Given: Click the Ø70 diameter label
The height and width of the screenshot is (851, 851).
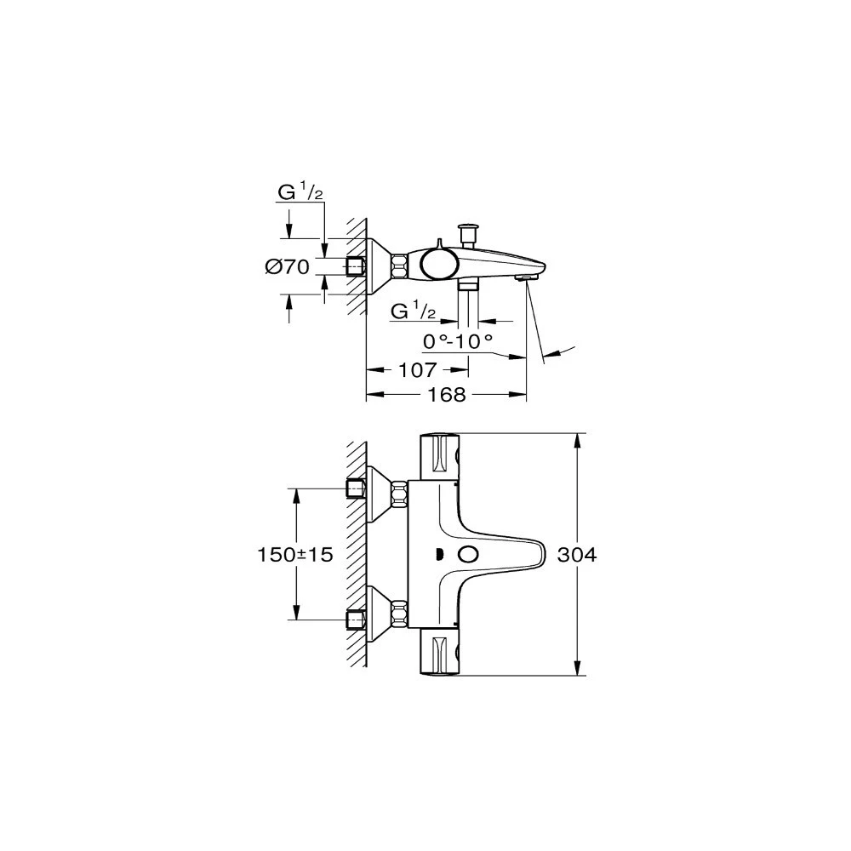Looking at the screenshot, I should coord(286,267).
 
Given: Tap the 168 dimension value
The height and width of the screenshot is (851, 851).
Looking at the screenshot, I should coord(447,395).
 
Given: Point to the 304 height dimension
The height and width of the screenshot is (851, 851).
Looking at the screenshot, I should coord(578,554).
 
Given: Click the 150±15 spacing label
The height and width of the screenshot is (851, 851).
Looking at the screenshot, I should coord(294,554).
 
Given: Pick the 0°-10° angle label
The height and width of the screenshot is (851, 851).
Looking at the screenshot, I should coord(458,340).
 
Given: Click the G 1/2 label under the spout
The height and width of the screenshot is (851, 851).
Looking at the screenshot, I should coord(413,312).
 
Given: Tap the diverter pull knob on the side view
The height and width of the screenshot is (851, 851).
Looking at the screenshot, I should coord(466,231).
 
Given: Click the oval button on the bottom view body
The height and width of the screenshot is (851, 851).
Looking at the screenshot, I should coord(467,555).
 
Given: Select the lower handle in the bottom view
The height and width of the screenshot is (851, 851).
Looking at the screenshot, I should coord(441,653).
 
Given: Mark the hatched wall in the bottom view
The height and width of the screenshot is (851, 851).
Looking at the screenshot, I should coord(357,554).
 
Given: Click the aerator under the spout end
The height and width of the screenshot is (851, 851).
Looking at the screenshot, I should coord(528,277).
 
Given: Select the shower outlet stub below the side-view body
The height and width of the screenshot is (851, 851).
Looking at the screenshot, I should coord(468,285).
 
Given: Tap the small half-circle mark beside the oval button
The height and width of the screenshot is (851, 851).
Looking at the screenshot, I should coord(439,555).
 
